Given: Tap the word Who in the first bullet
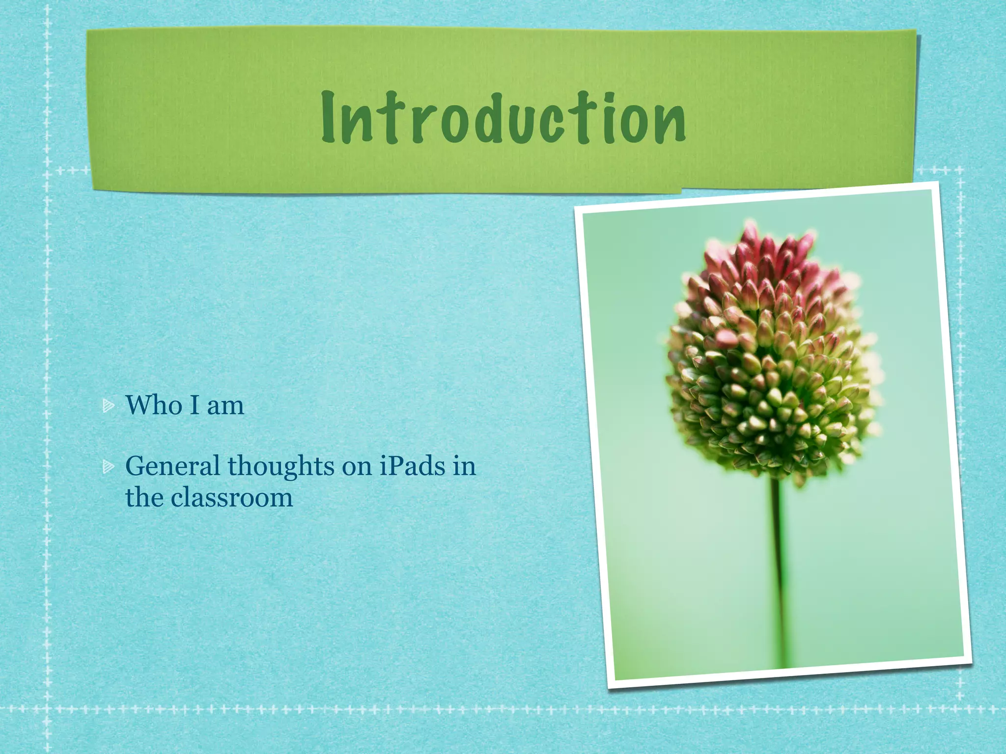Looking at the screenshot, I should click(153, 405).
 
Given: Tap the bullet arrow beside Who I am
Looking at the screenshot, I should click(109, 406).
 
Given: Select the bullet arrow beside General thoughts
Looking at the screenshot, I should click(109, 467).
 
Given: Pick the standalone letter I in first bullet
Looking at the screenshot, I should click(194, 405).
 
